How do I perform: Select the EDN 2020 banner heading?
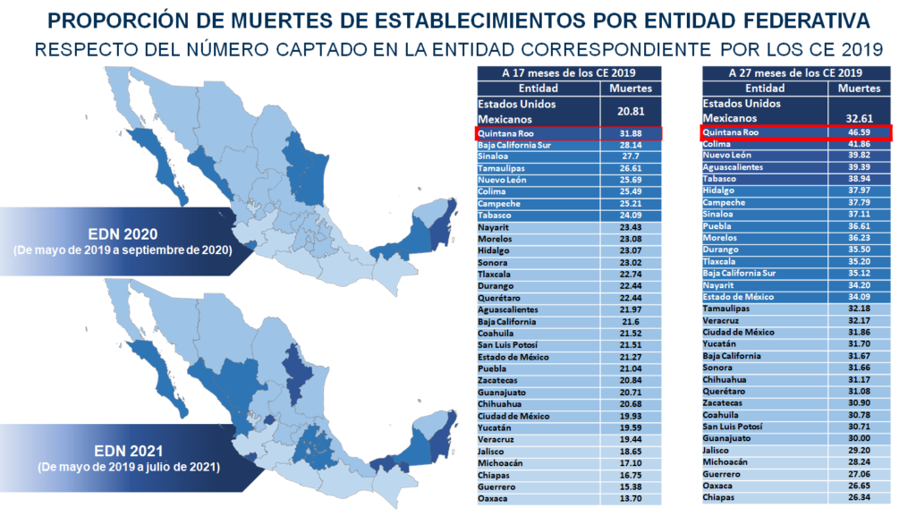tap(123, 234)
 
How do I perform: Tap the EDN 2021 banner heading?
tap(129, 452)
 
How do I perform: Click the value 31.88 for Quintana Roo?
tap(631, 133)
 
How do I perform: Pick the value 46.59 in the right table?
tap(859, 132)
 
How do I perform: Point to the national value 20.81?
tap(631, 111)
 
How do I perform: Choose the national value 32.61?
tap(859, 118)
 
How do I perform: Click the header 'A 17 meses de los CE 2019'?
tap(568, 73)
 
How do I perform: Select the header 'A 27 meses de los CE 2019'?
tap(795, 73)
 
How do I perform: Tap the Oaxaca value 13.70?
tap(631, 499)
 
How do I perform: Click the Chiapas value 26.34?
tap(859, 498)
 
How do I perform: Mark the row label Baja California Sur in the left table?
tap(514, 146)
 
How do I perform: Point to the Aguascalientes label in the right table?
tap(733, 167)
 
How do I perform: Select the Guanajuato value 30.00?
tap(859, 438)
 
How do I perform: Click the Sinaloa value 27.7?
tap(631, 156)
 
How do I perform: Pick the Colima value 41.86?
tap(859, 144)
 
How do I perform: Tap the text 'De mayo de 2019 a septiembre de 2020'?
tap(123, 250)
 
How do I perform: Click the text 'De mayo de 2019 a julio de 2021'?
tap(129, 467)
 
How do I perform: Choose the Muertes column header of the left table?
tap(631, 89)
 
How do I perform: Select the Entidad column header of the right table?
tap(765, 89)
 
